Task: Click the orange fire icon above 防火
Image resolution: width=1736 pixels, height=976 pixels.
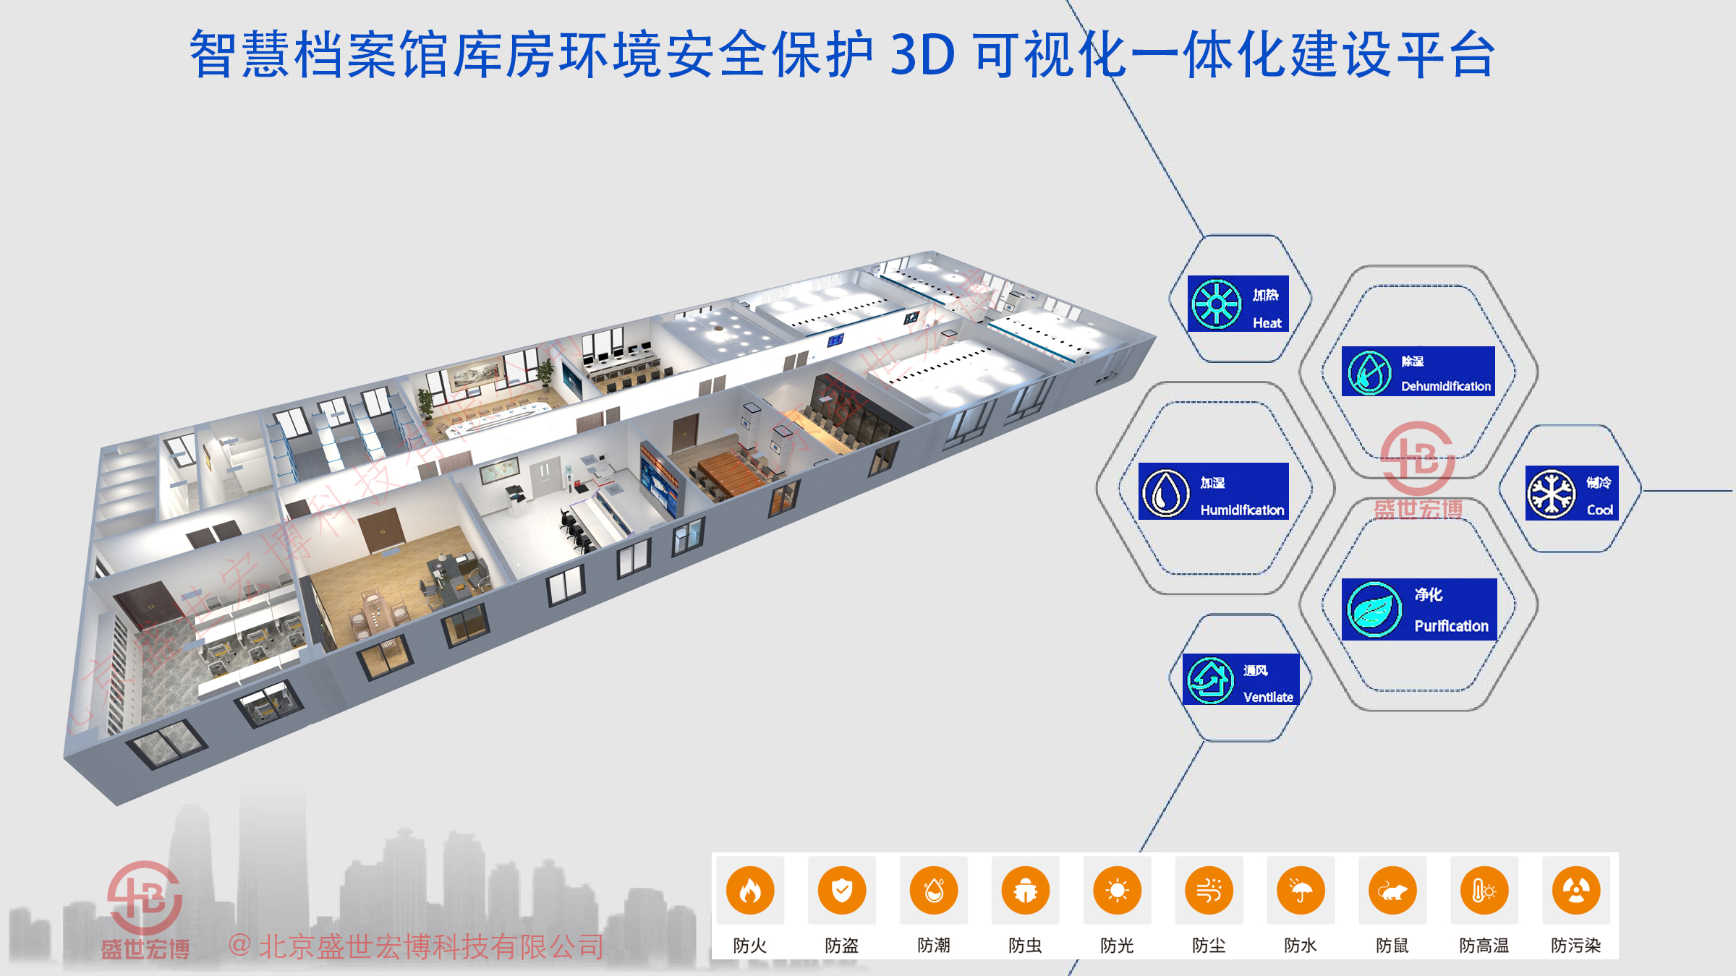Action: coord(750,891)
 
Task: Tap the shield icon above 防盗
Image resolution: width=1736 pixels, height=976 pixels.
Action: coord(842,891)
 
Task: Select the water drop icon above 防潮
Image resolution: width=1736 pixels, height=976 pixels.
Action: coord(934,891)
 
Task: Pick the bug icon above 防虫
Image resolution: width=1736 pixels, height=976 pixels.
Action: coord(1026,891)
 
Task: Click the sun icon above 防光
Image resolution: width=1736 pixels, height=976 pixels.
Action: coord(1118,891)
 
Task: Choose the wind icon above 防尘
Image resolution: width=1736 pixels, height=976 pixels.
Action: coord(1209,891)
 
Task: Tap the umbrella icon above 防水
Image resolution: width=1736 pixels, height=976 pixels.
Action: coord(1301,891)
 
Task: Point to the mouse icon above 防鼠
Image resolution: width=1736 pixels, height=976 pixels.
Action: coord(1392,891)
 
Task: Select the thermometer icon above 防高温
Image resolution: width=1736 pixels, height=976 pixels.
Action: coord(1484,891)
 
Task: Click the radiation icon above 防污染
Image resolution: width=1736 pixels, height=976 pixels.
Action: coord(1576,891)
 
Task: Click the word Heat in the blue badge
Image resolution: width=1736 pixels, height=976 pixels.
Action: coord(1267,323)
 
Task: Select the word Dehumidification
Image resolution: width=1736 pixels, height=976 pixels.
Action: coord(1446,386)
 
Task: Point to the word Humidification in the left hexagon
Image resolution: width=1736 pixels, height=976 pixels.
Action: coord(1242,510)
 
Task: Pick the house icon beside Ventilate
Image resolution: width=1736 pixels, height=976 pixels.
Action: coord(1210,680)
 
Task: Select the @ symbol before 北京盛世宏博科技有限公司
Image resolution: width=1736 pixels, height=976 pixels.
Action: coord(239,946)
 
